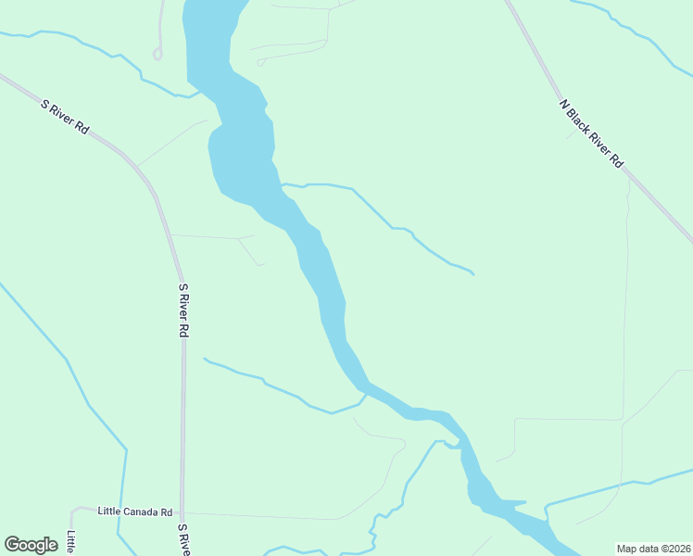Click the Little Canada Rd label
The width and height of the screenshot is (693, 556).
(x=136, y=512)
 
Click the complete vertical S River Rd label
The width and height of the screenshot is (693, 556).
(x=183, y=310)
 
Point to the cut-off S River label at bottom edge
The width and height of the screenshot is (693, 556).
(x=183, y=540)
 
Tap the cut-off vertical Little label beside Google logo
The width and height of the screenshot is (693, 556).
(x=71, y=542)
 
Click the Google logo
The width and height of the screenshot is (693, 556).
(x=31, y=545)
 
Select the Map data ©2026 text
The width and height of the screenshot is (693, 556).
(x=652, y=549)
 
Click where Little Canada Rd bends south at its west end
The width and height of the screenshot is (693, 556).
(x=73, y=511)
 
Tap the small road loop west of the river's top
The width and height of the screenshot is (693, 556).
(x=157, y=54)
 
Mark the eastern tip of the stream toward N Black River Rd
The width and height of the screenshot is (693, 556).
(x=473, y=274)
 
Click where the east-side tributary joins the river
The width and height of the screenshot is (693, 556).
(x=282, y=184)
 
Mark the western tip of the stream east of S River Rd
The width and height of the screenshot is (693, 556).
(x=204, y=359)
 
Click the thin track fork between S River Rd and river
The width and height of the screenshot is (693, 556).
(x=239, y=238)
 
